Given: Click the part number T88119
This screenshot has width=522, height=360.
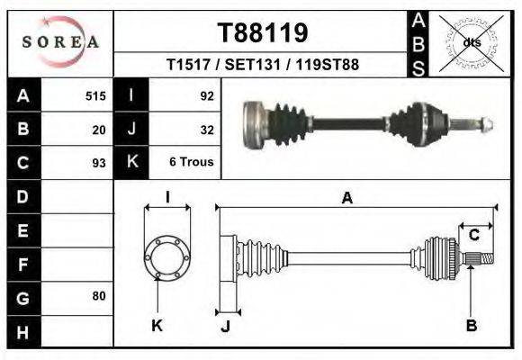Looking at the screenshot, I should click(x=263, y=33).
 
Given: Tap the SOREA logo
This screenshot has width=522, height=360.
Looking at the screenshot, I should click(x=60, y=41).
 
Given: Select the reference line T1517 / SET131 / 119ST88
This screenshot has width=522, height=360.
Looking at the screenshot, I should click(x=263, y=66).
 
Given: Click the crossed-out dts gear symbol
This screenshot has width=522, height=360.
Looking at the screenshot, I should click(x=471, y=41).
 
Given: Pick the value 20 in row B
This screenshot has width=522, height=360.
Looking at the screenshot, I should click(x=99, y=129).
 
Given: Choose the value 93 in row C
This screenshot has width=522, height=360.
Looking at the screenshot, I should click(x=99, y=163).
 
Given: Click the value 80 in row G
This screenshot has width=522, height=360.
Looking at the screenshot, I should click(x=99, y=296).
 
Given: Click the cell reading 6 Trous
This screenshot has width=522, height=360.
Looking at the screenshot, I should click(x=190, y=163).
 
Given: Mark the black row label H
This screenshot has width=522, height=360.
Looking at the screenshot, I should click(x=22, y=331).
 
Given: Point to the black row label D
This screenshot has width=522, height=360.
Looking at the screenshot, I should click(x=22, y=195).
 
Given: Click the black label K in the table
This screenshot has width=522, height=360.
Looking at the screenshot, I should click(x=131, y=162).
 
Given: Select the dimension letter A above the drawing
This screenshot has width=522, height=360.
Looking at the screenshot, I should click(x=346, y=199).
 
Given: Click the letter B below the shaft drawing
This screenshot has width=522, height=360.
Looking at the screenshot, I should click(x=471, y=326).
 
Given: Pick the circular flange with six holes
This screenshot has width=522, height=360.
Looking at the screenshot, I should click(x=166, y=256).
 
